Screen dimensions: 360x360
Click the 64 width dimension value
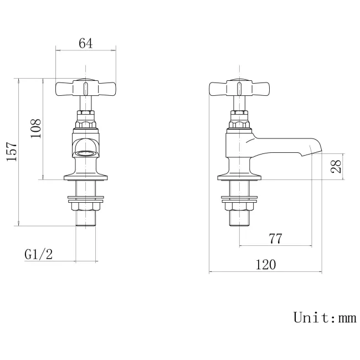point(85,44)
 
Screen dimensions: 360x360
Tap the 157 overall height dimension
point(12,152)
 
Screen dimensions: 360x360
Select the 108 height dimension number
point(37,129)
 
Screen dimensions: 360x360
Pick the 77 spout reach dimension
point(275,239)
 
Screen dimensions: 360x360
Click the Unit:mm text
point(324,317)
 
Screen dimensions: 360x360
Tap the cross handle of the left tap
point(85,88)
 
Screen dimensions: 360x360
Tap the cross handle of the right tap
point(239,88)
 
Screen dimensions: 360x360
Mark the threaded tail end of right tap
point(239,220)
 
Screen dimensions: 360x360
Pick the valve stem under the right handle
point(239,103)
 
